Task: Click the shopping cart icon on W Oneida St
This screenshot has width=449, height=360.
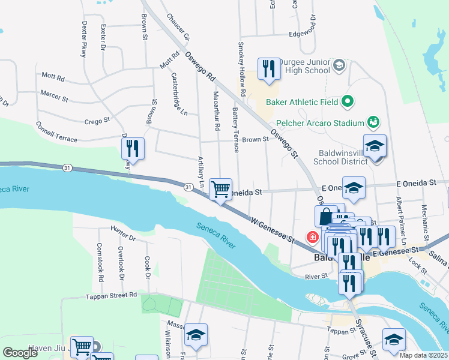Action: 221,190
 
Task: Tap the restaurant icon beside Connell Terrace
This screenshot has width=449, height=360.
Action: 133,149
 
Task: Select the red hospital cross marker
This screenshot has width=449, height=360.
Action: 312,238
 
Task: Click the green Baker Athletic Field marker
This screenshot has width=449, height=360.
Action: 347,102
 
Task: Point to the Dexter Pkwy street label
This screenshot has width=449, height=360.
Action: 84,40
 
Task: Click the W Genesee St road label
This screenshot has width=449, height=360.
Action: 274,230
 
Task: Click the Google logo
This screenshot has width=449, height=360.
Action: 20,353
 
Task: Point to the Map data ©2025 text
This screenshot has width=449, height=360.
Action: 423,355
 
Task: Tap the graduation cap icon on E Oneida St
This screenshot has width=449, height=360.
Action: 354,188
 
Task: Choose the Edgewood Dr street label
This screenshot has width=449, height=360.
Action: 294,34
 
